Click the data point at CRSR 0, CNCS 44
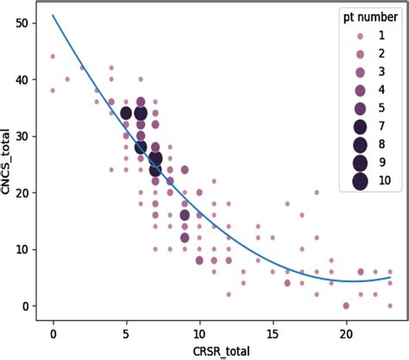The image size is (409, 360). click(x=53, y=56)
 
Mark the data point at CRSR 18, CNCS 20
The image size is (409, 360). click(x=317, y=193)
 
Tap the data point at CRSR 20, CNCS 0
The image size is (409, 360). click(x=346, y=306)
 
